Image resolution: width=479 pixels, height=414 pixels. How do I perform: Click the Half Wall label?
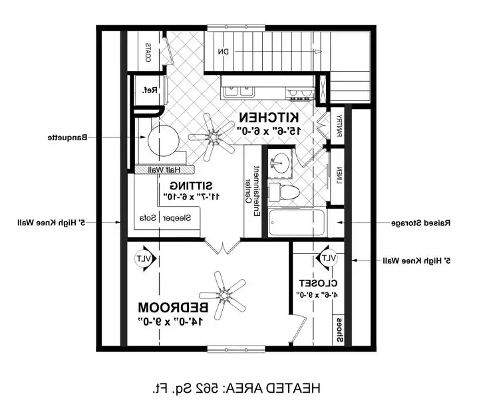162,169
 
